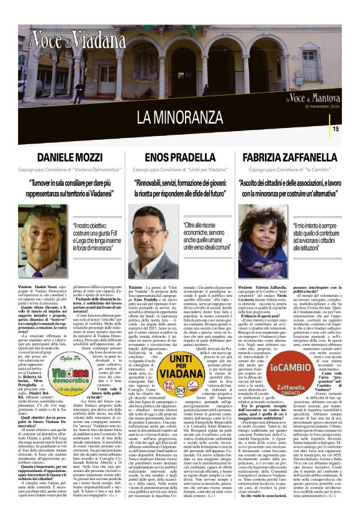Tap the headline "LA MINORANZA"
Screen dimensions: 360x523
(180, 116)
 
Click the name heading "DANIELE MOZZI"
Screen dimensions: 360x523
(70, 158)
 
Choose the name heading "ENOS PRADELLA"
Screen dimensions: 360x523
(180, 158)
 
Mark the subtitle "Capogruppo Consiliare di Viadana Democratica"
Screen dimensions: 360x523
(70, 169)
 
